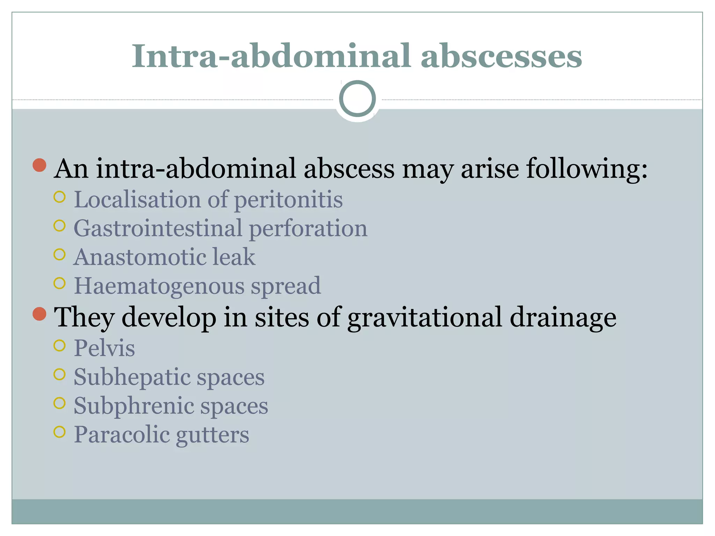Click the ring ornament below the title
[x=357, y=99]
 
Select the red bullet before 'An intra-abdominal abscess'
[x=39, y=165]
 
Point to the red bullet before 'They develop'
[x=39, y=314]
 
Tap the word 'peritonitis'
[x=288, y=200]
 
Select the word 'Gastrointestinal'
[x=158, y=229]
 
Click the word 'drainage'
[x=563, y=318]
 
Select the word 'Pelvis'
[x=104, y=348]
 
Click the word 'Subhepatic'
[x=131, y=378]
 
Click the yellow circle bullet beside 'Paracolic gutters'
[x=60, y=432]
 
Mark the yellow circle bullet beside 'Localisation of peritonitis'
[x=60, y=197]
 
